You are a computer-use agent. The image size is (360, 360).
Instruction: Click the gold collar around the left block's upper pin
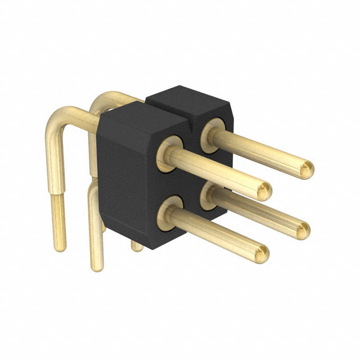[x=169, y=152]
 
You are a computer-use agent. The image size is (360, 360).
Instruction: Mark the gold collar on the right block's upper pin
[x=212, y=130]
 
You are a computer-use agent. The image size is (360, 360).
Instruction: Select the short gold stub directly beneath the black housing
[x=136, y=246]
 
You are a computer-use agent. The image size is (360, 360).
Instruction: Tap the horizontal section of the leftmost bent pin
[x=82, y=115]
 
